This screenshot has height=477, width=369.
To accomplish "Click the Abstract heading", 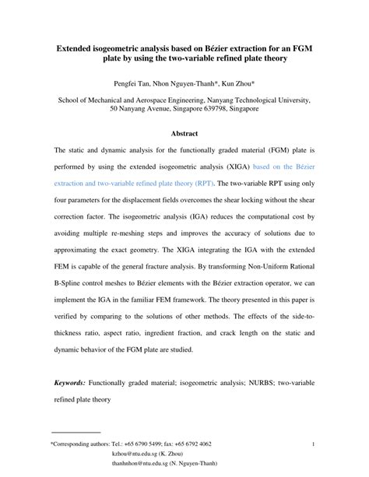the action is click(x=184, y=133).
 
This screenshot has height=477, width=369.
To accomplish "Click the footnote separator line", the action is click(x=76, y=432).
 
